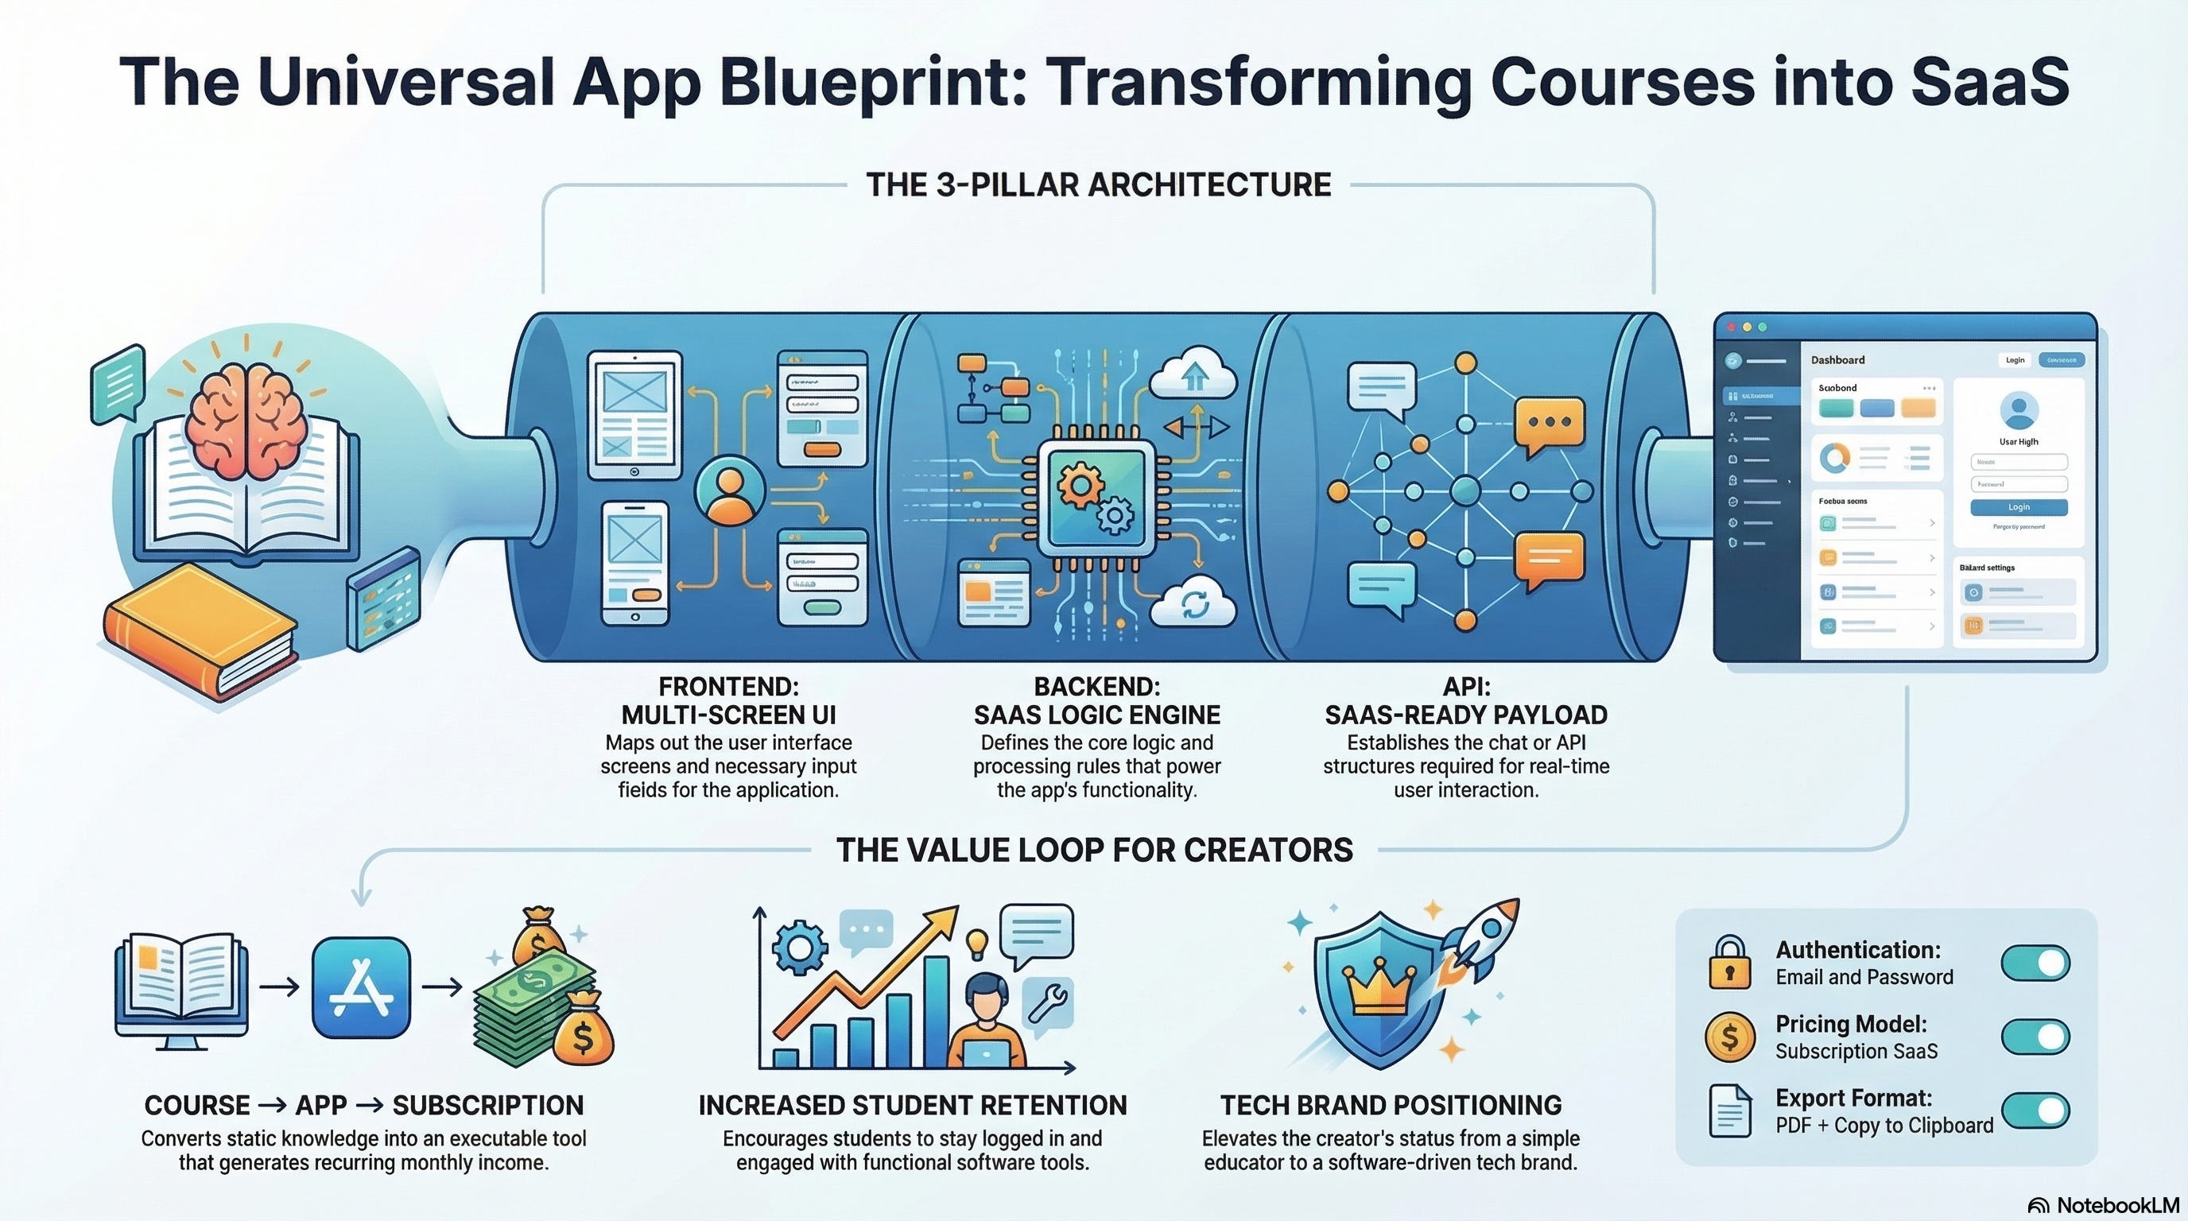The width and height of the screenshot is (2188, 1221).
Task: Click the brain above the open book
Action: tap(246, 421)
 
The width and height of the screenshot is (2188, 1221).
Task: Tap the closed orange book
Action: tap(201, 628)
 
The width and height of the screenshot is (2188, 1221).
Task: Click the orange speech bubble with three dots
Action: tap(1550, 424)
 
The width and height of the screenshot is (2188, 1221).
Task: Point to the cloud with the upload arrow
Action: tap(1193, 374)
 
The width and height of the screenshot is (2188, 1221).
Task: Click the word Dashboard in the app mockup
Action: tap(1837, 360)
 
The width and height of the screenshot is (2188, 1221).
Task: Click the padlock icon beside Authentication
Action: tap(1729, 963)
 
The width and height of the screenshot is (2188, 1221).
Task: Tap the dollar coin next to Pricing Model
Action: tap(1729, 1037)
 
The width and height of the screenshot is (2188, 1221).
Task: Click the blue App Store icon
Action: tap(361, 987)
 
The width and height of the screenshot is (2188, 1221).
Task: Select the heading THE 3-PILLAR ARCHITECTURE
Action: tap(1098, 185)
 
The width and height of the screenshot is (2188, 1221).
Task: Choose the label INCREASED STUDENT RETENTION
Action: tap(912, 1105)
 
